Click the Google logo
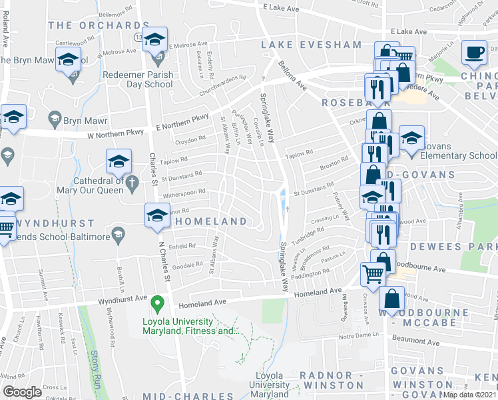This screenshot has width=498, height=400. (x=23, y=391)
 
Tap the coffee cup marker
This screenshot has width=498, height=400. (x=474, y=53)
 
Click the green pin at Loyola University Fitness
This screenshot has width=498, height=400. (x=158, y=305)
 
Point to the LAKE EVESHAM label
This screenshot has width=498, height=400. (x=311, y=45)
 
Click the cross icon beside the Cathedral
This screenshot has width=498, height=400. (x=132, y=181)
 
